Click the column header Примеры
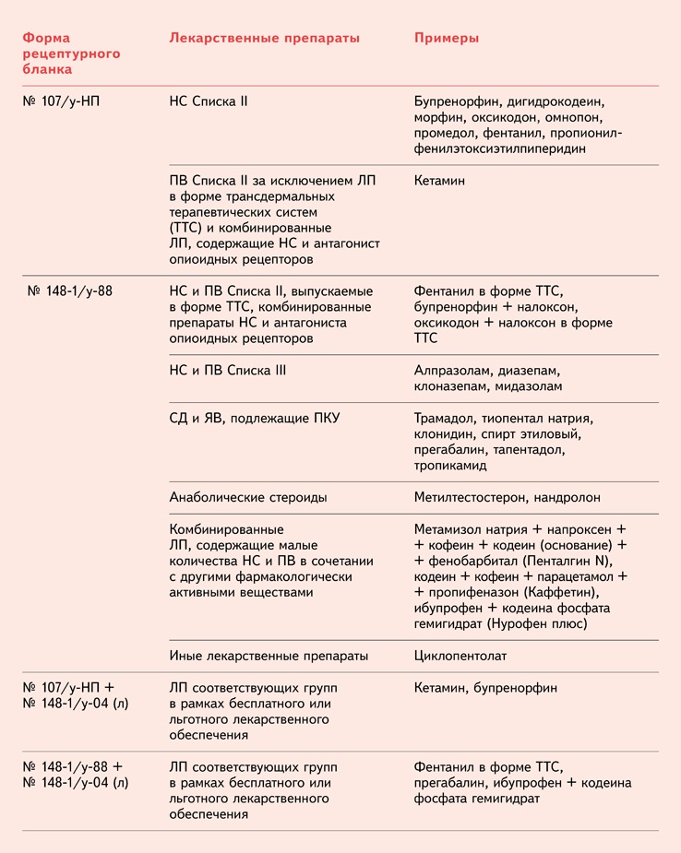coord(446,38)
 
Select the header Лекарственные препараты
coord(264,38)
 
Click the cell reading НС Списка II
coord(209,101)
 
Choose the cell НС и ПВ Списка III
coord(228,371)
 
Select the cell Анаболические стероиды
coord(248,497)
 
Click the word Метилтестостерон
coord(470,497)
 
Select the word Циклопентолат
coord(461,656)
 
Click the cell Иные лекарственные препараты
coord(269,656)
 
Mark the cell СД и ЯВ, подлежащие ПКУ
coord(255,418)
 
